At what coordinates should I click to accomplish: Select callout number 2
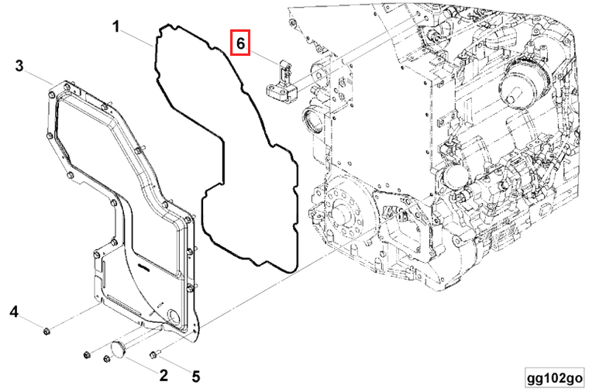pyautogui.click(x=164, y=377)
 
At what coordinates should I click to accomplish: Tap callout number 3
pyautogui.click(x=19, y=67)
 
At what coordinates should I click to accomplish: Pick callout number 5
pyautogui.click(x=196, y=377)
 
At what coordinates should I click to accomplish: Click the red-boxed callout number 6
pyautogui.click(x=241, y=44)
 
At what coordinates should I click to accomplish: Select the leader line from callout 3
pyautogui.click(x=39, y=75)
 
